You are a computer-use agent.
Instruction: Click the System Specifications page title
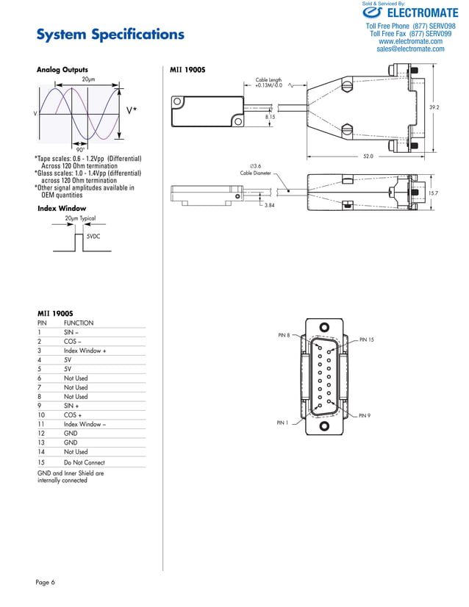(x=110, y=35)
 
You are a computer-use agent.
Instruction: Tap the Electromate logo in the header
(x=410, y=12)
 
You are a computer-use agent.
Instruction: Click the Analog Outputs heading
(x=68, y=70)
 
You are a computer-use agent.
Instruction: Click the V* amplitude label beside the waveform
(x=132, y=110)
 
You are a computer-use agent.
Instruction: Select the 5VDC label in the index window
(x=93, y=237)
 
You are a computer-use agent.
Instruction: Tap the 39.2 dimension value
(x=434, y=107)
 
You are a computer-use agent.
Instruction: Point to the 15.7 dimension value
(x=434, y=193)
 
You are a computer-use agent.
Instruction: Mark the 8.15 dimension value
(x=270, y=117)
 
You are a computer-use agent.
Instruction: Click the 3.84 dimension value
(x=270, y=206)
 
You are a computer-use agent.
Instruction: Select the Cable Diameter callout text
(x=256, y=173)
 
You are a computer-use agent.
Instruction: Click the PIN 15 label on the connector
(x=366, y=340)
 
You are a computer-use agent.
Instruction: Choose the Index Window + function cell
(x=85, y=351)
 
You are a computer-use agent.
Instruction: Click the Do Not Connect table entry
(x=84, y=462)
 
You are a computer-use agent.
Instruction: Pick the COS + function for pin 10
(x=73, y=415)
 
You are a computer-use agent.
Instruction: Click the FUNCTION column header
(x=79, y=323)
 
